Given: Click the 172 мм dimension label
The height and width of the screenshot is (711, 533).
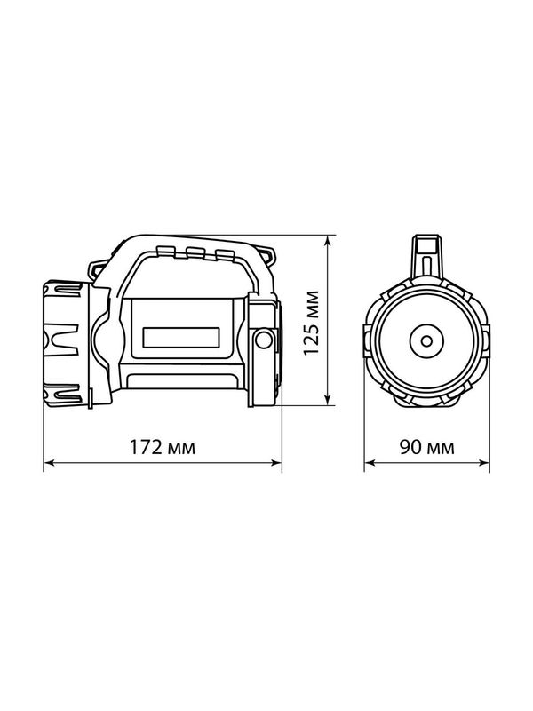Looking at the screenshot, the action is (163, 448).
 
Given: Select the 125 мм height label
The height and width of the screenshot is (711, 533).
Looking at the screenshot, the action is (312, 323).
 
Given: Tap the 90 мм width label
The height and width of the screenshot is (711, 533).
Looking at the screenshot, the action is (426, 448).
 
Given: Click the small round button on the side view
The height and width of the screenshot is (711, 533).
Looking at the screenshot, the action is (263, 340).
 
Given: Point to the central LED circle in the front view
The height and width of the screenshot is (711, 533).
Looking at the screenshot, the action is (426, 341).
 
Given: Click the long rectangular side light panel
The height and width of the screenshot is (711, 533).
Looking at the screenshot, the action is (181, 338).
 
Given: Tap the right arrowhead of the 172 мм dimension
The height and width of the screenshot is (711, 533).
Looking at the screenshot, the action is (276, 463).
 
